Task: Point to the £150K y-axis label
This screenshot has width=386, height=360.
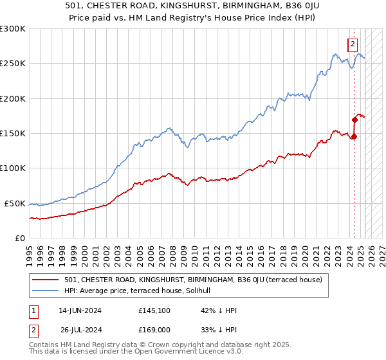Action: click(13, 133)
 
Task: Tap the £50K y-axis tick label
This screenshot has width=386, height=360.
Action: click(15, 203)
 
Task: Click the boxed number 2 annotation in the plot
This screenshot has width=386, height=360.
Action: click(353, 44)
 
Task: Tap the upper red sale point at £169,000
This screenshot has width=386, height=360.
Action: click(354, 120)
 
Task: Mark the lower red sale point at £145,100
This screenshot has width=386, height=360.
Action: click(354, 136)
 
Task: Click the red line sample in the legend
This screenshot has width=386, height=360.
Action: click(45, 280)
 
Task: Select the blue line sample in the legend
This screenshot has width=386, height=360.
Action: click(45, 291)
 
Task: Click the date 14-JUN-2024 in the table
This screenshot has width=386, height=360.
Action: click(80, 310)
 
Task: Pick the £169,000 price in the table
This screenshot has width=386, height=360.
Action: click(154, 330)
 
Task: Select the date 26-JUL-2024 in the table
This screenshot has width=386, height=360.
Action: click(81, 330)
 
